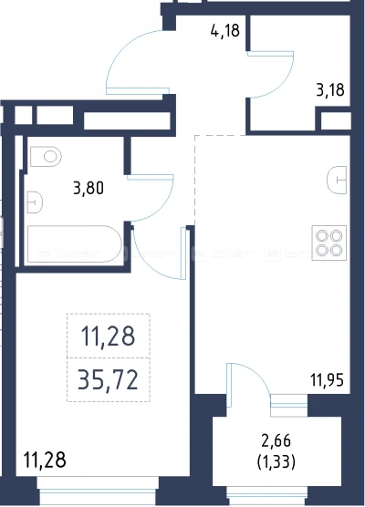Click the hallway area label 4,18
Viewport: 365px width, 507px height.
pyautogui.click(x=225, y=30)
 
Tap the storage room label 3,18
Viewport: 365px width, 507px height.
pyautogui.click(x=330, y=89)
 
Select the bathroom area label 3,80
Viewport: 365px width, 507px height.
pyautogui.click(x=89, y=188)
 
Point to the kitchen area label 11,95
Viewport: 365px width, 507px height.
pyautogui.click(x=327, y=379)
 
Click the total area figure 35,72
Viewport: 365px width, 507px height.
pyautogui.click(x=108, y=380)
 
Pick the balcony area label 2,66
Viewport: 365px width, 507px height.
pyautogui.click(x=276, y=441)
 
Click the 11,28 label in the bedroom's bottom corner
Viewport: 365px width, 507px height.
pyautogui.click(x=45, y=460)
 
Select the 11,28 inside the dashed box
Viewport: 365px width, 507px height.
pyautogui.click(x=108, y=336)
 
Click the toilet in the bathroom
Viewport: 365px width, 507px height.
pyautogui.click(x=46, y=157)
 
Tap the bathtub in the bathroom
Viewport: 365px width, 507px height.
pyautogui.click(x=75, y=244)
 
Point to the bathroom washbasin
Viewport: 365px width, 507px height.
pyautogui.click(x=35, y=202)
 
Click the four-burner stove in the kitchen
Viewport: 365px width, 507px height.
pyautogui.click(x=329, y=243)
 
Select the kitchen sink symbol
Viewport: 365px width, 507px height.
pyautogui.click(x=337, y=181)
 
